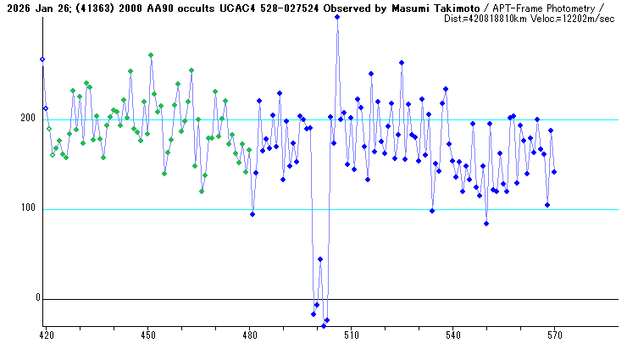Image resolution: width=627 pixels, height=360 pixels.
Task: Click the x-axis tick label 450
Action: pos(147,335)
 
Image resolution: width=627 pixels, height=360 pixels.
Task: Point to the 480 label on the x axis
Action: pos(249,335)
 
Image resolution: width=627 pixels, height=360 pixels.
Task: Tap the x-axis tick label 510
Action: pos(351,335)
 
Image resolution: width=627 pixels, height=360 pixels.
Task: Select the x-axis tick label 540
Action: pos(452,335)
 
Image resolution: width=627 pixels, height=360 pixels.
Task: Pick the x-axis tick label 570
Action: pos(554,335)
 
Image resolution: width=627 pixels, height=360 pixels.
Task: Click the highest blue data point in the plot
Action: pos(337,17)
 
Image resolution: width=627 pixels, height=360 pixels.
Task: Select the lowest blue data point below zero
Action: pos(324,326)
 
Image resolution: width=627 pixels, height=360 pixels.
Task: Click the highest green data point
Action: pos(151,55)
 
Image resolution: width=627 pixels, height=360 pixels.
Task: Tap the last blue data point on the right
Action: pos(554,172)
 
